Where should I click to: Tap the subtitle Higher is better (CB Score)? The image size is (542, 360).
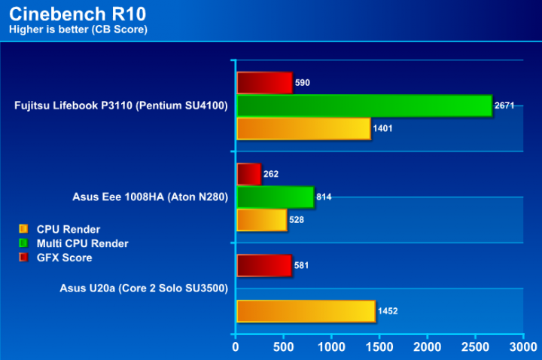click(78, 29)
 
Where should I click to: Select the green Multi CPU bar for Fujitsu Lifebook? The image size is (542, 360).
click(364, 106)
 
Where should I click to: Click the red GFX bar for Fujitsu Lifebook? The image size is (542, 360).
click(264, 83)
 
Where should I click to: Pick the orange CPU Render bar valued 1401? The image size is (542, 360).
click(303, 129)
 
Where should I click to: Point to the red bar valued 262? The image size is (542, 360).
click(248, 174)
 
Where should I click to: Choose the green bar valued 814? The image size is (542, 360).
click(275, 197)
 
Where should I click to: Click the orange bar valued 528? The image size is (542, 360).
click(261, 220)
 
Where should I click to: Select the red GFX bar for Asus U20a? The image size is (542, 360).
click(263, 265)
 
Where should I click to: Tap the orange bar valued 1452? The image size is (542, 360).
click(306, 311)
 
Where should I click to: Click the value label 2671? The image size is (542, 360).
click(504, 106)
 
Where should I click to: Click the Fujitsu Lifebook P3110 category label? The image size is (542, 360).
click(121, 106)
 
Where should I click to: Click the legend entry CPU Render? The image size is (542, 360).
click(69, 229)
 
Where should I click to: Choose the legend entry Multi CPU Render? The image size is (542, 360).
click(82, 243)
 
